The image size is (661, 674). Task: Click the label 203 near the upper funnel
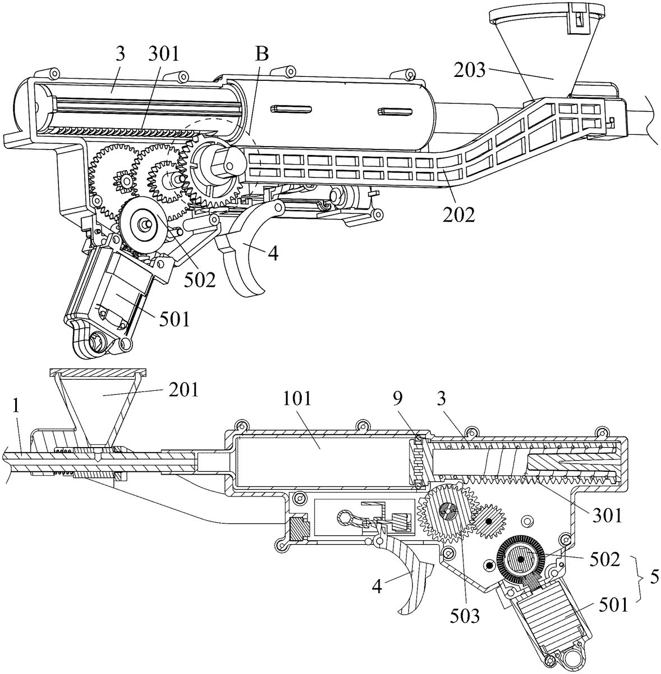pos(470,70)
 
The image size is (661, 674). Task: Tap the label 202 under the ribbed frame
pos(459,215)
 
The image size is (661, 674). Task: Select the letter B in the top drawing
pos(262,54)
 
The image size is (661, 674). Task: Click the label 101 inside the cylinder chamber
pos(297,399)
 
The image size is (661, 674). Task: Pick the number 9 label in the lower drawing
pos(398,399)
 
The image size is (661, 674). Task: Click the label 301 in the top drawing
pos(164,54)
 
